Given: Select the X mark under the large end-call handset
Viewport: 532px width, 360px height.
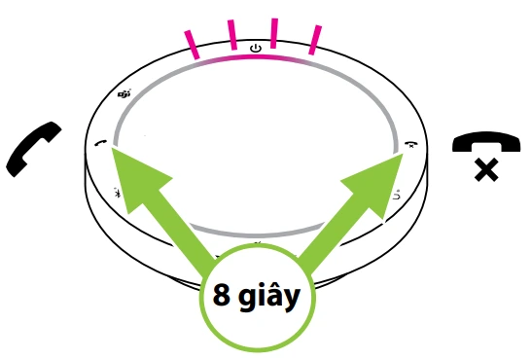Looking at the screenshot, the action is click(x=485, y=172).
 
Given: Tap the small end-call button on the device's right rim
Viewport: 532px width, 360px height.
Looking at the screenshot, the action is click(x=410, y=144).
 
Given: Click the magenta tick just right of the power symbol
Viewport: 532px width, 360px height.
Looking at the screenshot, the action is click(x=275, y=33).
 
